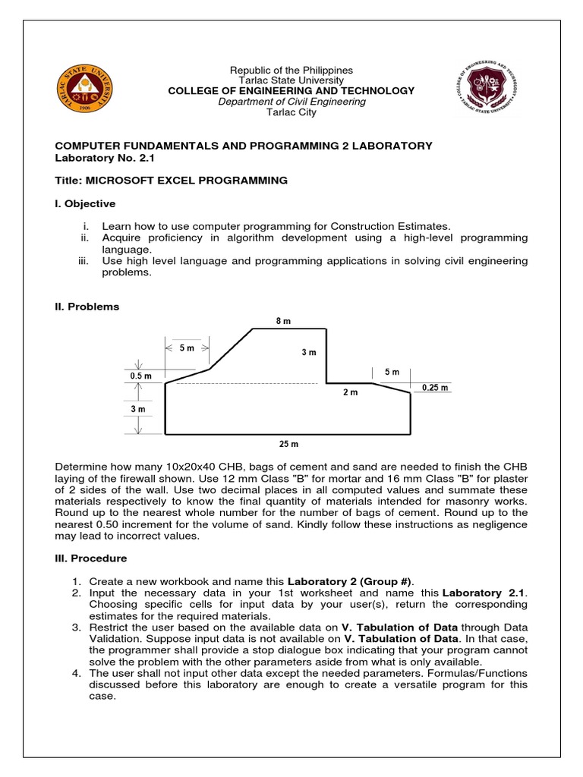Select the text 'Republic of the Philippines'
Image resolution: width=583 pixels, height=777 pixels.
tap(291, 71)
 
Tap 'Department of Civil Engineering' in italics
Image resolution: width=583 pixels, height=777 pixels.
tap(291, 102)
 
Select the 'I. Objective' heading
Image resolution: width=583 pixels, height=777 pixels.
tap(86, 203)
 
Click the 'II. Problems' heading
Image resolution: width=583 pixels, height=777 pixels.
tap(87, 307)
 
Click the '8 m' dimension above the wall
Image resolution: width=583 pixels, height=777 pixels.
tap(283, 322)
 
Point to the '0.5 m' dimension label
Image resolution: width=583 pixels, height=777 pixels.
tap(140, 375)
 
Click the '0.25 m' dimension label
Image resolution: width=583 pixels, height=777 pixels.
tap(435, 388)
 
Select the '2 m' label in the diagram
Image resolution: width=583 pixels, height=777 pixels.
tap(349, 392)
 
